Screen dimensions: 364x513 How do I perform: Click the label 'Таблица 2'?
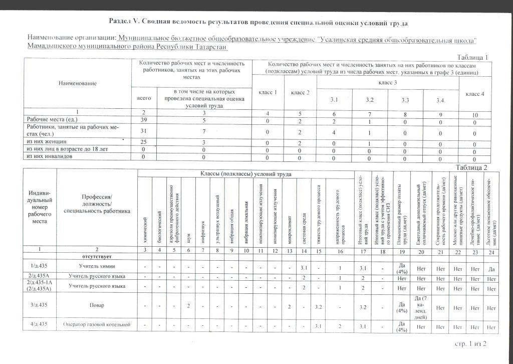tap(471, 167)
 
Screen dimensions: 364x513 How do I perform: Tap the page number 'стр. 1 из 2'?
tap(470, 343)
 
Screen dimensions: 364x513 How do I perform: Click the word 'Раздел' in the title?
tap(120, 22)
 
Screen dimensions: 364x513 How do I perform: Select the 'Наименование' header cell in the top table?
tap(77, 83)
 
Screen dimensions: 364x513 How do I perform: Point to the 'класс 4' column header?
tap(475, 94)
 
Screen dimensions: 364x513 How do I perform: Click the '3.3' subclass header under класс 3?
tap(405, 100)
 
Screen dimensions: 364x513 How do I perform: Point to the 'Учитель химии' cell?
tap(97, 266)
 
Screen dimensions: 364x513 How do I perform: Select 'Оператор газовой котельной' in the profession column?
tap(97, 325)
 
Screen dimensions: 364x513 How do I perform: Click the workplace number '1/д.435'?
tap(39, 266)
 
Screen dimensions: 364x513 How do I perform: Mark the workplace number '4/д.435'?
tap(39, 325)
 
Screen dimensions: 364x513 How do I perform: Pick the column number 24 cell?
tap(491, 252)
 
